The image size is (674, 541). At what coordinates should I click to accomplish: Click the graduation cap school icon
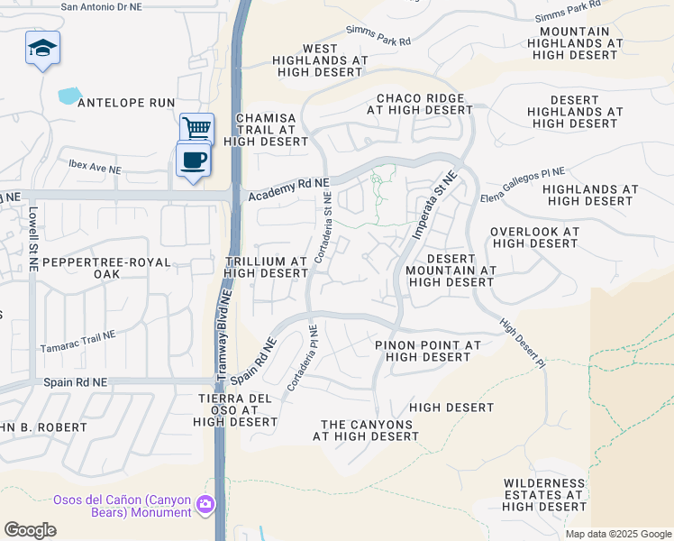(42, 48)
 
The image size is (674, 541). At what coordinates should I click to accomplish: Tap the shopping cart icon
(196, 128)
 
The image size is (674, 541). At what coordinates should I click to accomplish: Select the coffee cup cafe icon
(194, 160)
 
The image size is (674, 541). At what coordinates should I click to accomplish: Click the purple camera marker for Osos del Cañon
(206, 504)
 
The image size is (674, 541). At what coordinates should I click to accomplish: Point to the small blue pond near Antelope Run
(68, 95)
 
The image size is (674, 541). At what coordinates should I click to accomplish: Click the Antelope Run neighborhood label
(126, 104)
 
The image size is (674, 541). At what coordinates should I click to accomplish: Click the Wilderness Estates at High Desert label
(545, 495)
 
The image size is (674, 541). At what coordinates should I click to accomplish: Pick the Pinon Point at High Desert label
(427, 351)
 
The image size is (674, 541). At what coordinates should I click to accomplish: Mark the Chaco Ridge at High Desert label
(420, 104)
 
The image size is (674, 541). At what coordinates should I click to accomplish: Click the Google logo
(31, 529)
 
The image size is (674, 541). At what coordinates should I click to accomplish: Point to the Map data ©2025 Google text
(618, 534)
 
